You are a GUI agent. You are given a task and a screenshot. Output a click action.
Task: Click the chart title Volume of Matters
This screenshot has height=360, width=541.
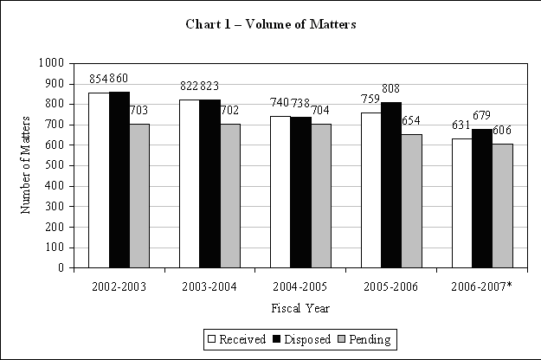click(271, 23)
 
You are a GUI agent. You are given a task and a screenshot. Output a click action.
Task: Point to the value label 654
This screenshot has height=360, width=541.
click(412, 121)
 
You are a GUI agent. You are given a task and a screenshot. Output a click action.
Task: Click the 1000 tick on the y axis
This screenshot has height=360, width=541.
click(50, 63)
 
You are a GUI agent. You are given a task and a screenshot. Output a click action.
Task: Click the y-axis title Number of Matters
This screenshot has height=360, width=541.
click(25, 165)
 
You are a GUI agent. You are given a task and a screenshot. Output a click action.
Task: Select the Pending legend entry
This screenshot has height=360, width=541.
click(363, 339)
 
